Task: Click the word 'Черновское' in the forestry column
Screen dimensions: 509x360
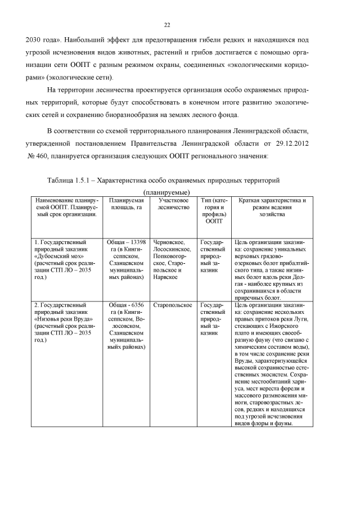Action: click(x=168, y=241)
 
